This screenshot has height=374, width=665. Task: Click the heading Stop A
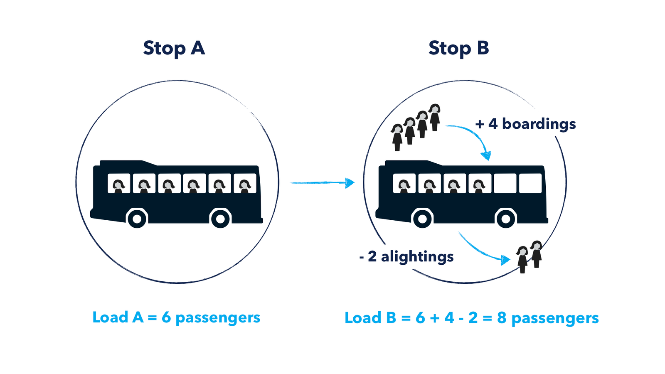[x=174, y=48]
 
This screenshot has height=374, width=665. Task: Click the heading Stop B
[x=458, y=48]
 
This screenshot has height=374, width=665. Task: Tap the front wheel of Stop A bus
[x=137, y=218]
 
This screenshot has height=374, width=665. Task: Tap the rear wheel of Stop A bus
[x=220, y=218]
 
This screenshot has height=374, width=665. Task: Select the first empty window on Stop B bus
[x=505, y=183]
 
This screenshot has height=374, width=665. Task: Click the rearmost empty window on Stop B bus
[x=530, y=183]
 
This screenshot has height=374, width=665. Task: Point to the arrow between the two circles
[x=322, y=182]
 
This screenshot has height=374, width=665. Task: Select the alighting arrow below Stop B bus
[x=482, y=249]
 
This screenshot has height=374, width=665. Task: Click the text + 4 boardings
[x=525, y=124]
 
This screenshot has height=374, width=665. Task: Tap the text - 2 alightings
[x=406, y=256]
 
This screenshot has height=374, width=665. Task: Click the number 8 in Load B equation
[x=502, y=318]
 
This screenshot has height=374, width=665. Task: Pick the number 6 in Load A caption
[x=166, y=317]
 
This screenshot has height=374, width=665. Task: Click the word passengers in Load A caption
[x=218, y=318]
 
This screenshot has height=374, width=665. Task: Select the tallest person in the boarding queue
[x=434, y=117]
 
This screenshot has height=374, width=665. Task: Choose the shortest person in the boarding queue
[x=397, y=137]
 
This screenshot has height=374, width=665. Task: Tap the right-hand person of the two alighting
[x=537, y=253]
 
